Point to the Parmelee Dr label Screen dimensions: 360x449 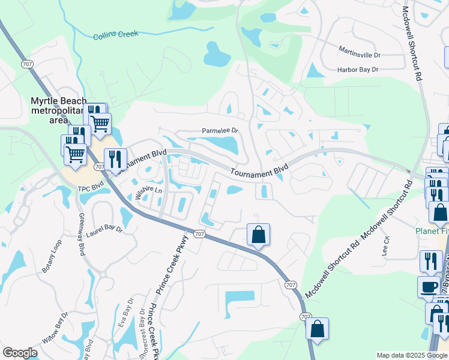(x=220, y=131)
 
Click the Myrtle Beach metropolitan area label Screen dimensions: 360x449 (x=58, y=110)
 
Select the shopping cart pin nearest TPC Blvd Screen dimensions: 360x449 (x=75, y=153)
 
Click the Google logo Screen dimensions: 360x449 (x=20, y=353)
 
